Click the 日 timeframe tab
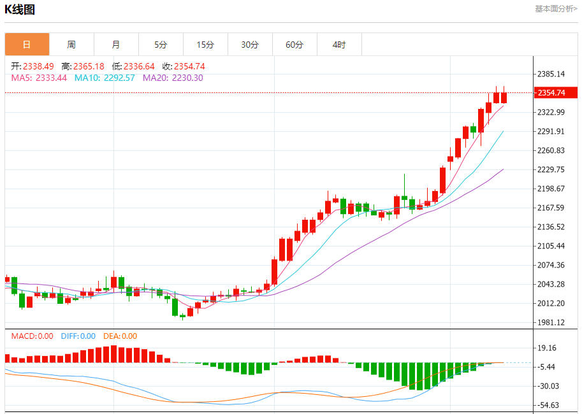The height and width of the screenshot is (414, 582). tap(27, 45)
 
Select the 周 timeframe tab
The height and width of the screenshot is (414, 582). tap(71, 45)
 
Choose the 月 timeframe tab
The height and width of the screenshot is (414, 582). tap(116, 45)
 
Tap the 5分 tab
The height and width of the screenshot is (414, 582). tap(161, 45)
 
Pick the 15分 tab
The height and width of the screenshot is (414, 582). tap(205, 45)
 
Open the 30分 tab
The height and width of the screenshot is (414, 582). tap(250, 45)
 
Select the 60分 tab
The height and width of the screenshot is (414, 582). tap(295, 45)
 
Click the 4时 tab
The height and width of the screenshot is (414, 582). tap(339, 45)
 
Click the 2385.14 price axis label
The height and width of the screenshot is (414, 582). tap(551, 74)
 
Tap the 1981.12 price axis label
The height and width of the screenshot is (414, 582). tap(551, 322)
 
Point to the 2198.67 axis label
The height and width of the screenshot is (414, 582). tap(551, 189)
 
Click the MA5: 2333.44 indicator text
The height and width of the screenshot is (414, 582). tap(39, 78)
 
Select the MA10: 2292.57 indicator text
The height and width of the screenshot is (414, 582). tap(105, 78)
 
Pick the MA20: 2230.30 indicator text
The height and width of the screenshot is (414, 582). tap(173, 78)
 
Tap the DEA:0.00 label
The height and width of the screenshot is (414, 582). tap(120, 336)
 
